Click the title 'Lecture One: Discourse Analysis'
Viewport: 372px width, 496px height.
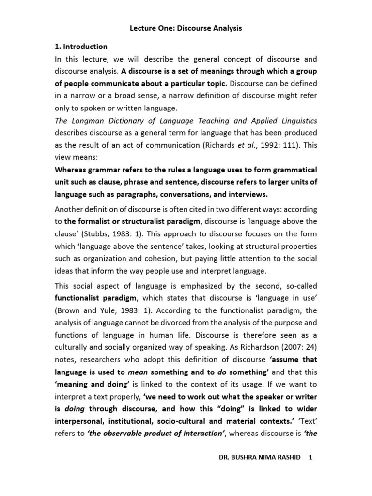pyautogui.click(x=186, y=28)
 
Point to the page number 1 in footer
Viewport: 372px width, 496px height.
pyautogui.click(x=310, y=471)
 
